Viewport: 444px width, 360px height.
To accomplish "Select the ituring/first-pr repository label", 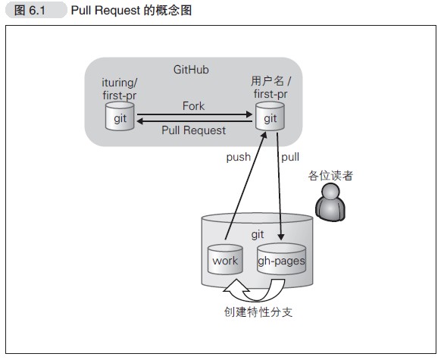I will (120, 87).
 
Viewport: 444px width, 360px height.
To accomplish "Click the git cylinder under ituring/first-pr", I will (120, 117).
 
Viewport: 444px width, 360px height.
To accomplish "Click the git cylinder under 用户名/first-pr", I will (270, 118).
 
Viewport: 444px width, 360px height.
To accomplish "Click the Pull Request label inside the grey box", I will (194, 130).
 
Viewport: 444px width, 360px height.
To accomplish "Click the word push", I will (238, 158).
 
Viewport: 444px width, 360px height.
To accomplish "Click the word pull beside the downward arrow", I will (289, 158).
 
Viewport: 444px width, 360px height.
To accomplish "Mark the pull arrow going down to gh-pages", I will (281, 189).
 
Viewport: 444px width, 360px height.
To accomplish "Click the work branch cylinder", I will (225, 260).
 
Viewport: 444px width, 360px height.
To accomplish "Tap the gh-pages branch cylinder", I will (281, 260).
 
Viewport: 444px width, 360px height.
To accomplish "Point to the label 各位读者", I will (330, 176).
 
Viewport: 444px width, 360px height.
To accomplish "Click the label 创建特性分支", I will (257, 311).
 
